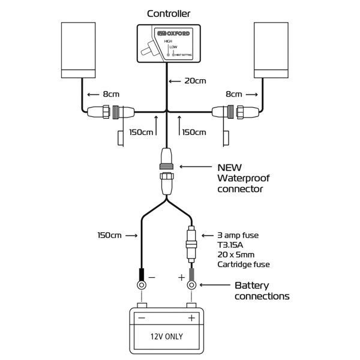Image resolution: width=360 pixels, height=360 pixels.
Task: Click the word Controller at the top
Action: tap(169, 14)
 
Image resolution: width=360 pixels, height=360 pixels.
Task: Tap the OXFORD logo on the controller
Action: tap(173, 34)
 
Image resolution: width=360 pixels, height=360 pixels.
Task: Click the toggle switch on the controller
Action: tap(149, 48)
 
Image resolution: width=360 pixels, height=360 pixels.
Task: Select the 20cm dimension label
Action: tap(195, 81)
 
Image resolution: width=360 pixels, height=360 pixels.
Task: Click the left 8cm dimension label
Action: tap(111, 94)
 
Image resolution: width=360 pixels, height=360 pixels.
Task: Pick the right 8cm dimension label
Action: tap(234, 94)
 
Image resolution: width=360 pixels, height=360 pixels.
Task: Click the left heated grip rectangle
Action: tap(78, 50)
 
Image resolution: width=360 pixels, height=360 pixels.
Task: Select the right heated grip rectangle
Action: tap(271, 50)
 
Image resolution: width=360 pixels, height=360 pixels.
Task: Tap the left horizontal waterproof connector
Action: tap(111, 112)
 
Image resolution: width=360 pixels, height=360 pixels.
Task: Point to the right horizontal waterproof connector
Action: tap(236, 112)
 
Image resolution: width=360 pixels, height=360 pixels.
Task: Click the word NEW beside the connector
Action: tap(230, 167)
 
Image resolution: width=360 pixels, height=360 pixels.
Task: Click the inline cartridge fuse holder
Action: tap(191, 244)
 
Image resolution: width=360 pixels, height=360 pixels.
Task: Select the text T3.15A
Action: tap(230, 245)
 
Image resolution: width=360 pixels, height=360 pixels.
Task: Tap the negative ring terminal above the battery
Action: tap(142, 285)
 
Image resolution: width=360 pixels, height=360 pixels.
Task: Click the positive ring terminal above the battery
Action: tap(191, 285)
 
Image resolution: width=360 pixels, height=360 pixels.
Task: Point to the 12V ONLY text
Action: tap(167, 337)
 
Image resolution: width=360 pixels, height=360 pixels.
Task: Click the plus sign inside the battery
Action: tap(191, 318)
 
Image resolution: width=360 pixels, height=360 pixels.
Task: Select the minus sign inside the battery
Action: tap(142, 318)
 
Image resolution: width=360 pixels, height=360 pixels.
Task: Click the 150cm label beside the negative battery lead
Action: tap(110, 235)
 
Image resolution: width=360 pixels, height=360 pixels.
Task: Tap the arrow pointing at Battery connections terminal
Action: tap(215, 285)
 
